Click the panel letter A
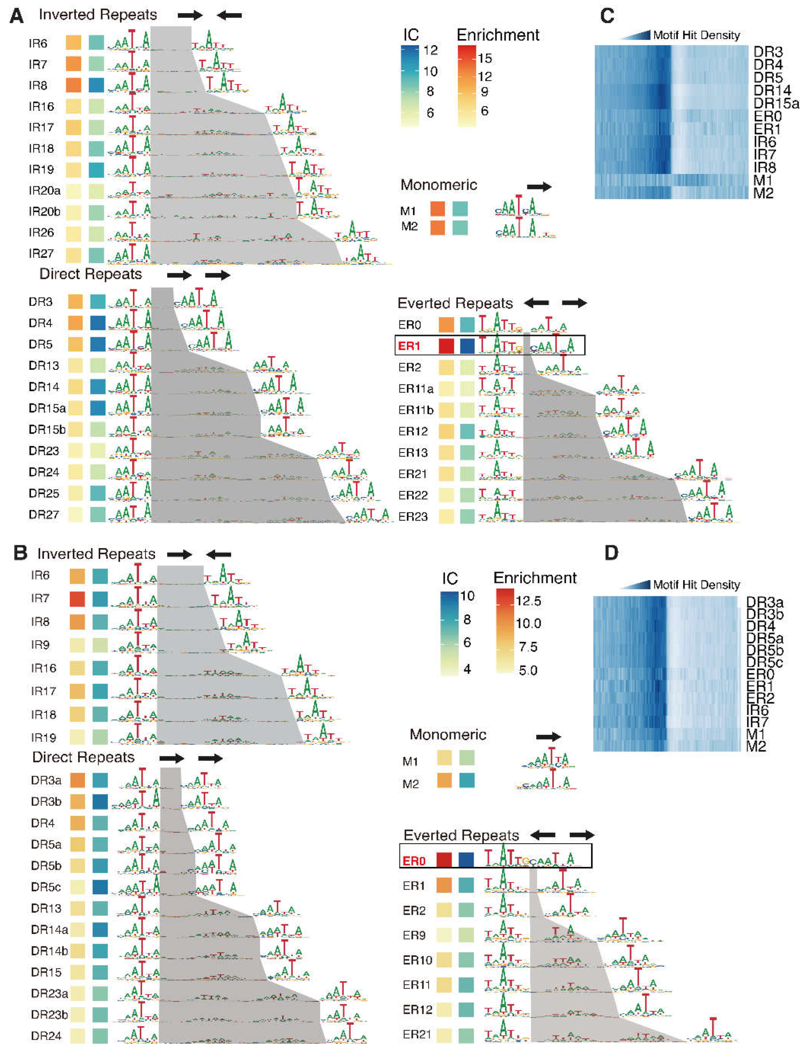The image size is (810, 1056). [x=16, y=16]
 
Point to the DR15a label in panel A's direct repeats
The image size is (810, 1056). [x=47, y=408]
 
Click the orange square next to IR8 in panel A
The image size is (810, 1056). [x=73, y=85]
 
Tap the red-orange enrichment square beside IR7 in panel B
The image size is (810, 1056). [x=77, y=599]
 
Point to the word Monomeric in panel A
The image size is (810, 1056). [x=438, y=185]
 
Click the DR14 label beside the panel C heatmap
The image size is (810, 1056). [x=772, y=90]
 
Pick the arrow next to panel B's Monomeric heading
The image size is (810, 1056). [x=548, y=737]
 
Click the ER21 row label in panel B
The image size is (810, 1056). [x=417, y=1034]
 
